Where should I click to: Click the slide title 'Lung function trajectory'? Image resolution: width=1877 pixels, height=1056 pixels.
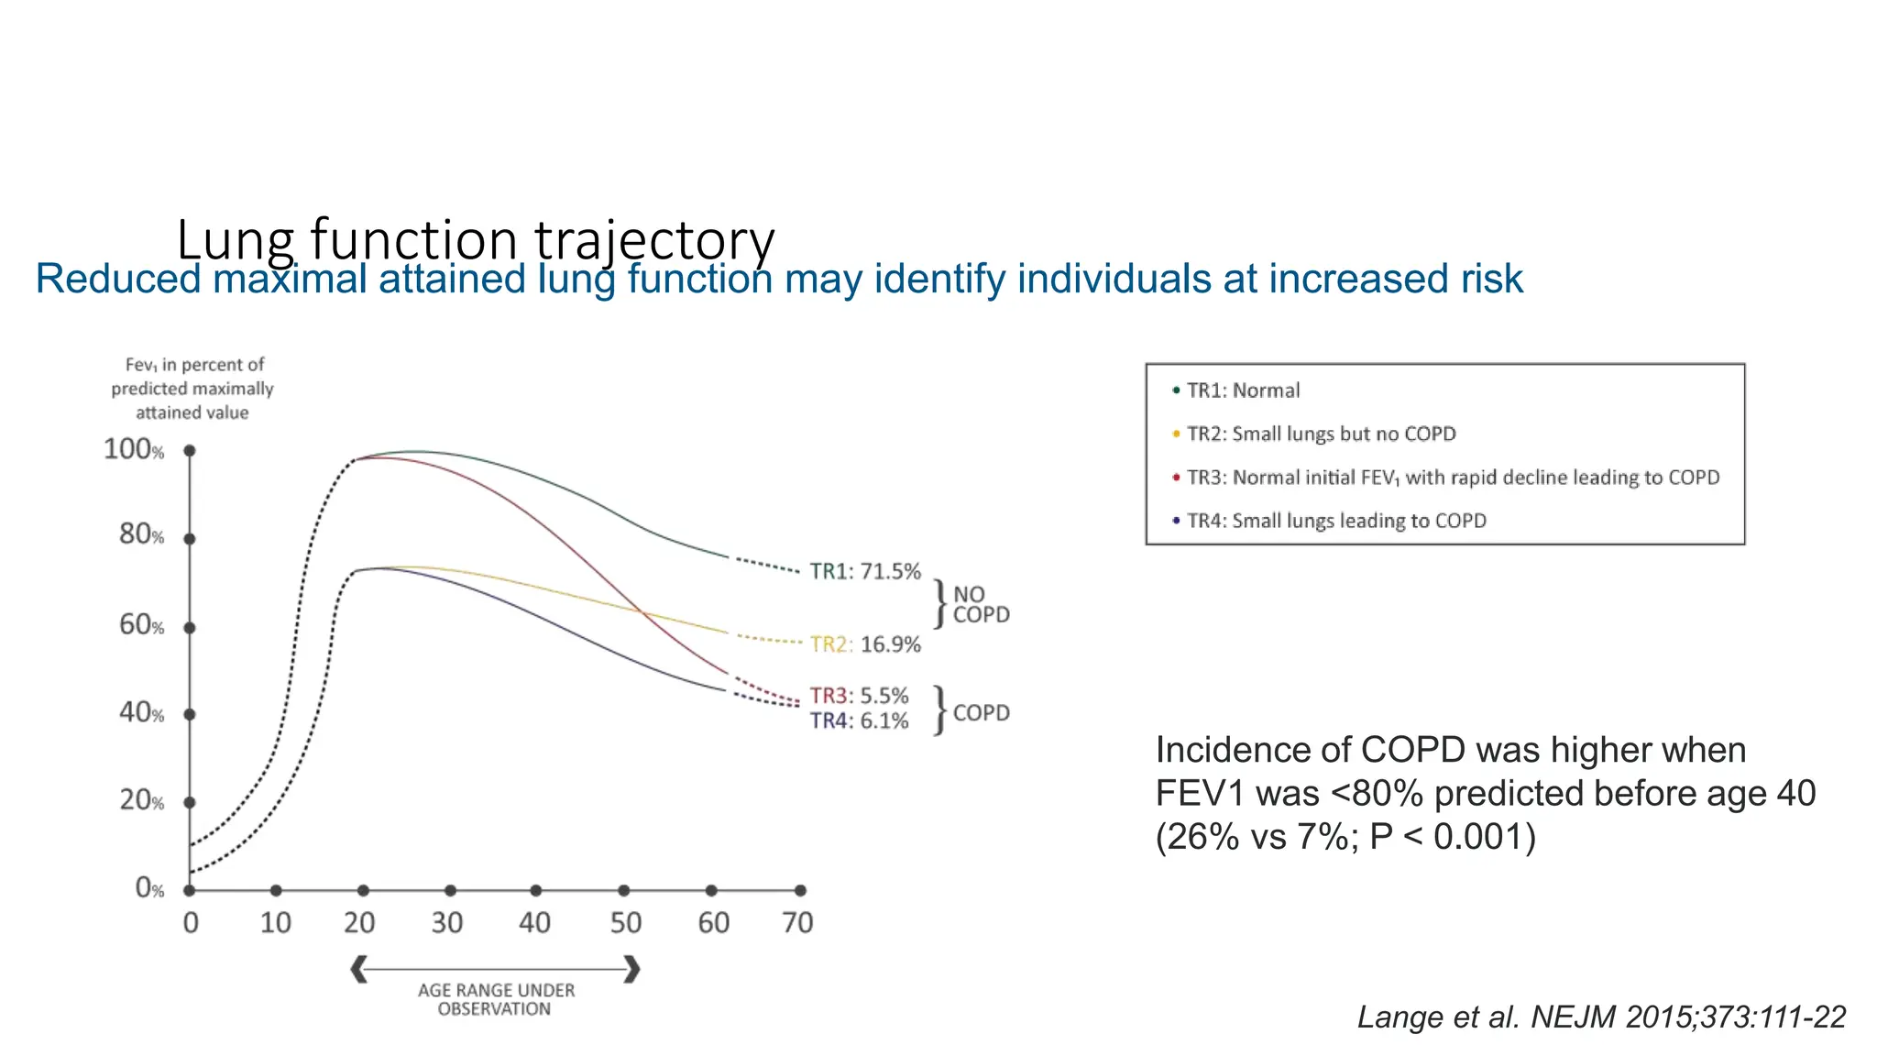pyautogui.click(x=475, y=239)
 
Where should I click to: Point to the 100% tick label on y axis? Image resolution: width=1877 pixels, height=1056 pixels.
pyautogui.click(x=134, y=449)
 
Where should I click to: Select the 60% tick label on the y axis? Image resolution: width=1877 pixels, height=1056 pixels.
pyautogui.click(x=141, y=625)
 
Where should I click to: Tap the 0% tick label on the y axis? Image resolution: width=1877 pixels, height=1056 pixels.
pyautogui.click(x=149, y=887)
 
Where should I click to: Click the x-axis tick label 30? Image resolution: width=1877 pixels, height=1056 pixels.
pyautogui.click(x=447, y=922)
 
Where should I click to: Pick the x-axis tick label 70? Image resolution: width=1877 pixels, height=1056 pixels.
pyautogui.click(x=797, y=922)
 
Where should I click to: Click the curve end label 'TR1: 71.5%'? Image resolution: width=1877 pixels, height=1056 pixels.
pyautogui.click(x=865, y=572)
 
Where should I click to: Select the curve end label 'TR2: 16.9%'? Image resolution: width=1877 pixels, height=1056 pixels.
pyautogui.click(x=865, y=644)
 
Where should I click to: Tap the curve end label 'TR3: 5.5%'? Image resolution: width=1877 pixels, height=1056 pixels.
pyautogui.click(x=859, y=696)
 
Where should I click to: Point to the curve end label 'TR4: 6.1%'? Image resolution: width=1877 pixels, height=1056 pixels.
pyautogui.click(x=859, y=721)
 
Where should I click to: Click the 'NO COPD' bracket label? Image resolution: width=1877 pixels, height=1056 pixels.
pyautogui.click(x=981, y=605)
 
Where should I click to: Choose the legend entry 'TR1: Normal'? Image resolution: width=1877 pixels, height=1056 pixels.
pyautogui.click(x=1243, y=390)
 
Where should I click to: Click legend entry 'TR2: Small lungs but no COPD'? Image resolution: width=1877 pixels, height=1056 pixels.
pyautogui.click(x=1321, y=434)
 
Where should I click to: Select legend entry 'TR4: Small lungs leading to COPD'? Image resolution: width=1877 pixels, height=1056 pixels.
pyautogui.click(x=1336, y=521)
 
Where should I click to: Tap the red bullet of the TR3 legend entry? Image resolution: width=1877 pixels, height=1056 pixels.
pyautogui.click(x=1176, y=477)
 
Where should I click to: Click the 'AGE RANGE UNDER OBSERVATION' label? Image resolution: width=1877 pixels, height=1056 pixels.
pyautogui.click(x=496, y=999)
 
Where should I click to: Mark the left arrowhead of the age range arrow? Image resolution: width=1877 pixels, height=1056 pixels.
pyautogui.click(x=359, y=969)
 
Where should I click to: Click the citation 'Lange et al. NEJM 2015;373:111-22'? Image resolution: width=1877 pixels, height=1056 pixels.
pyautogui.click(x=1601, y=1017)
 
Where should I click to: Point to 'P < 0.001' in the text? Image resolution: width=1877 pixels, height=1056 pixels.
pyautogui.click(x=1452, y=837)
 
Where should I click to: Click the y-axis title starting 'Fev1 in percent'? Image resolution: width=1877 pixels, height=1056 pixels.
pyautogui.click(x=192, y=389)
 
